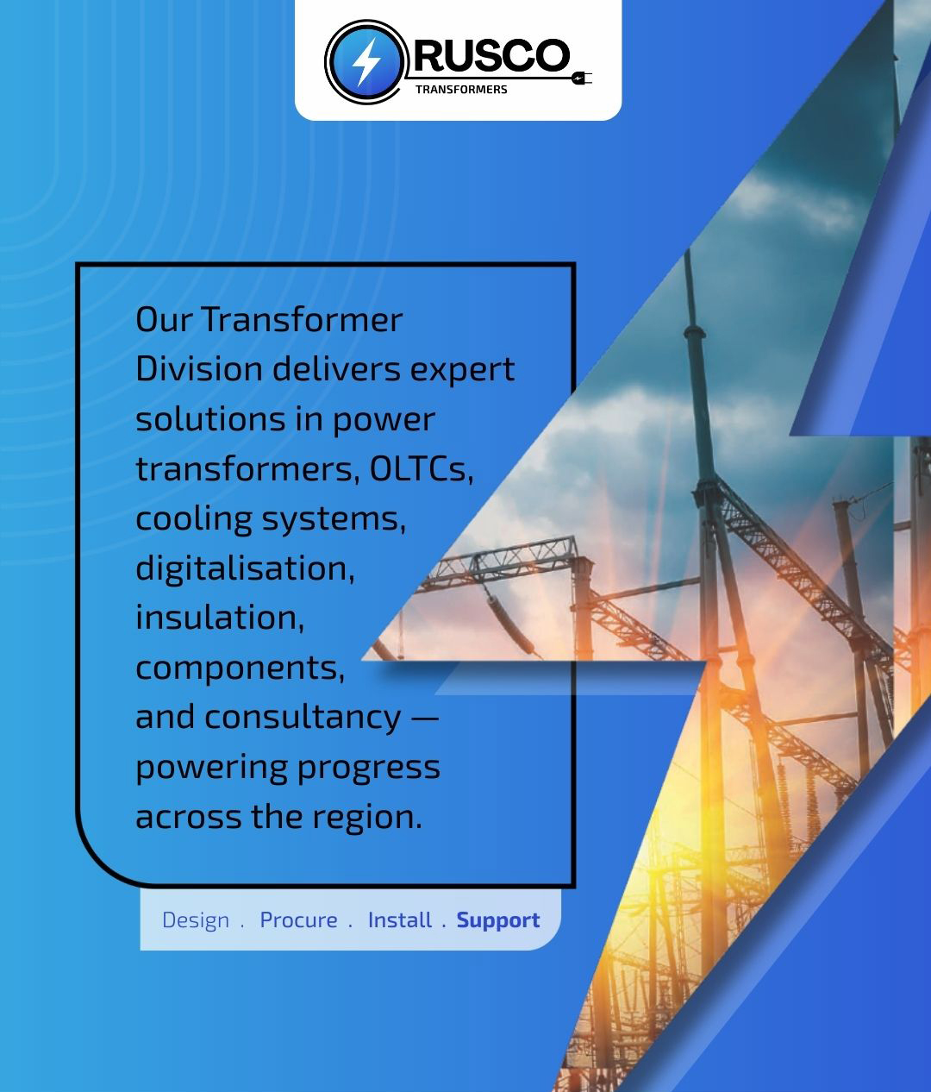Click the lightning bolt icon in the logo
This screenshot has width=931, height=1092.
coord(366,62)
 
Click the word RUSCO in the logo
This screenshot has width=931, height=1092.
coord(492,55)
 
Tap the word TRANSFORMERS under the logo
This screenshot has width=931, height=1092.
coord(461,90)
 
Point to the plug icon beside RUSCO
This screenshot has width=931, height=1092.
coord(581,78)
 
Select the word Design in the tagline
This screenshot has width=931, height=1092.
coord(196,920)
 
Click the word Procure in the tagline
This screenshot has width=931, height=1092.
coord(298,919)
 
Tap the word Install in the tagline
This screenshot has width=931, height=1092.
coord(400,919)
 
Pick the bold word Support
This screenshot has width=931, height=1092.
coord(498,920)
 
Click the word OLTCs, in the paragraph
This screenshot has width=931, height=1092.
coord(421,469)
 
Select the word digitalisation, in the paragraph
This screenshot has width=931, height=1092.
coord(245,569)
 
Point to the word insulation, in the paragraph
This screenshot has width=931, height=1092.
coord(220,618)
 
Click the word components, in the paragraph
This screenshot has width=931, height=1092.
coord(240,668)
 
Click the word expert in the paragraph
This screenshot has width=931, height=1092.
coord(462,370)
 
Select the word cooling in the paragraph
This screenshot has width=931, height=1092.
coord(194,520)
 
